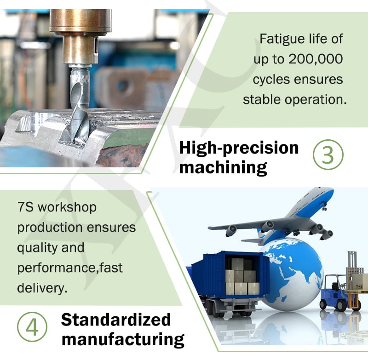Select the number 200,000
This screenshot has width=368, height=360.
(x=316, y=59)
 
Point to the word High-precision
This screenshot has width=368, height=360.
(x=239, y=149)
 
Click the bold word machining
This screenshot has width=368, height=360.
(x=223, y=167)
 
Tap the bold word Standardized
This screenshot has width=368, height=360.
(x=116, y=320)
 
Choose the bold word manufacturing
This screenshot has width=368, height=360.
(x=123, y=339)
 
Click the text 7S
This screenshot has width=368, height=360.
(x=25, y=207)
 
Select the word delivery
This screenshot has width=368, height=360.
(x=42, y=288)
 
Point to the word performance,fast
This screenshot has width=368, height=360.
(x=70, y=268)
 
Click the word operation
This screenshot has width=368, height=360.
(x=316, y=100)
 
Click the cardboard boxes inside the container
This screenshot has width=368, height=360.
(x=242, y=277)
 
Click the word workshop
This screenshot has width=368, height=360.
(x=67, y=208)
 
